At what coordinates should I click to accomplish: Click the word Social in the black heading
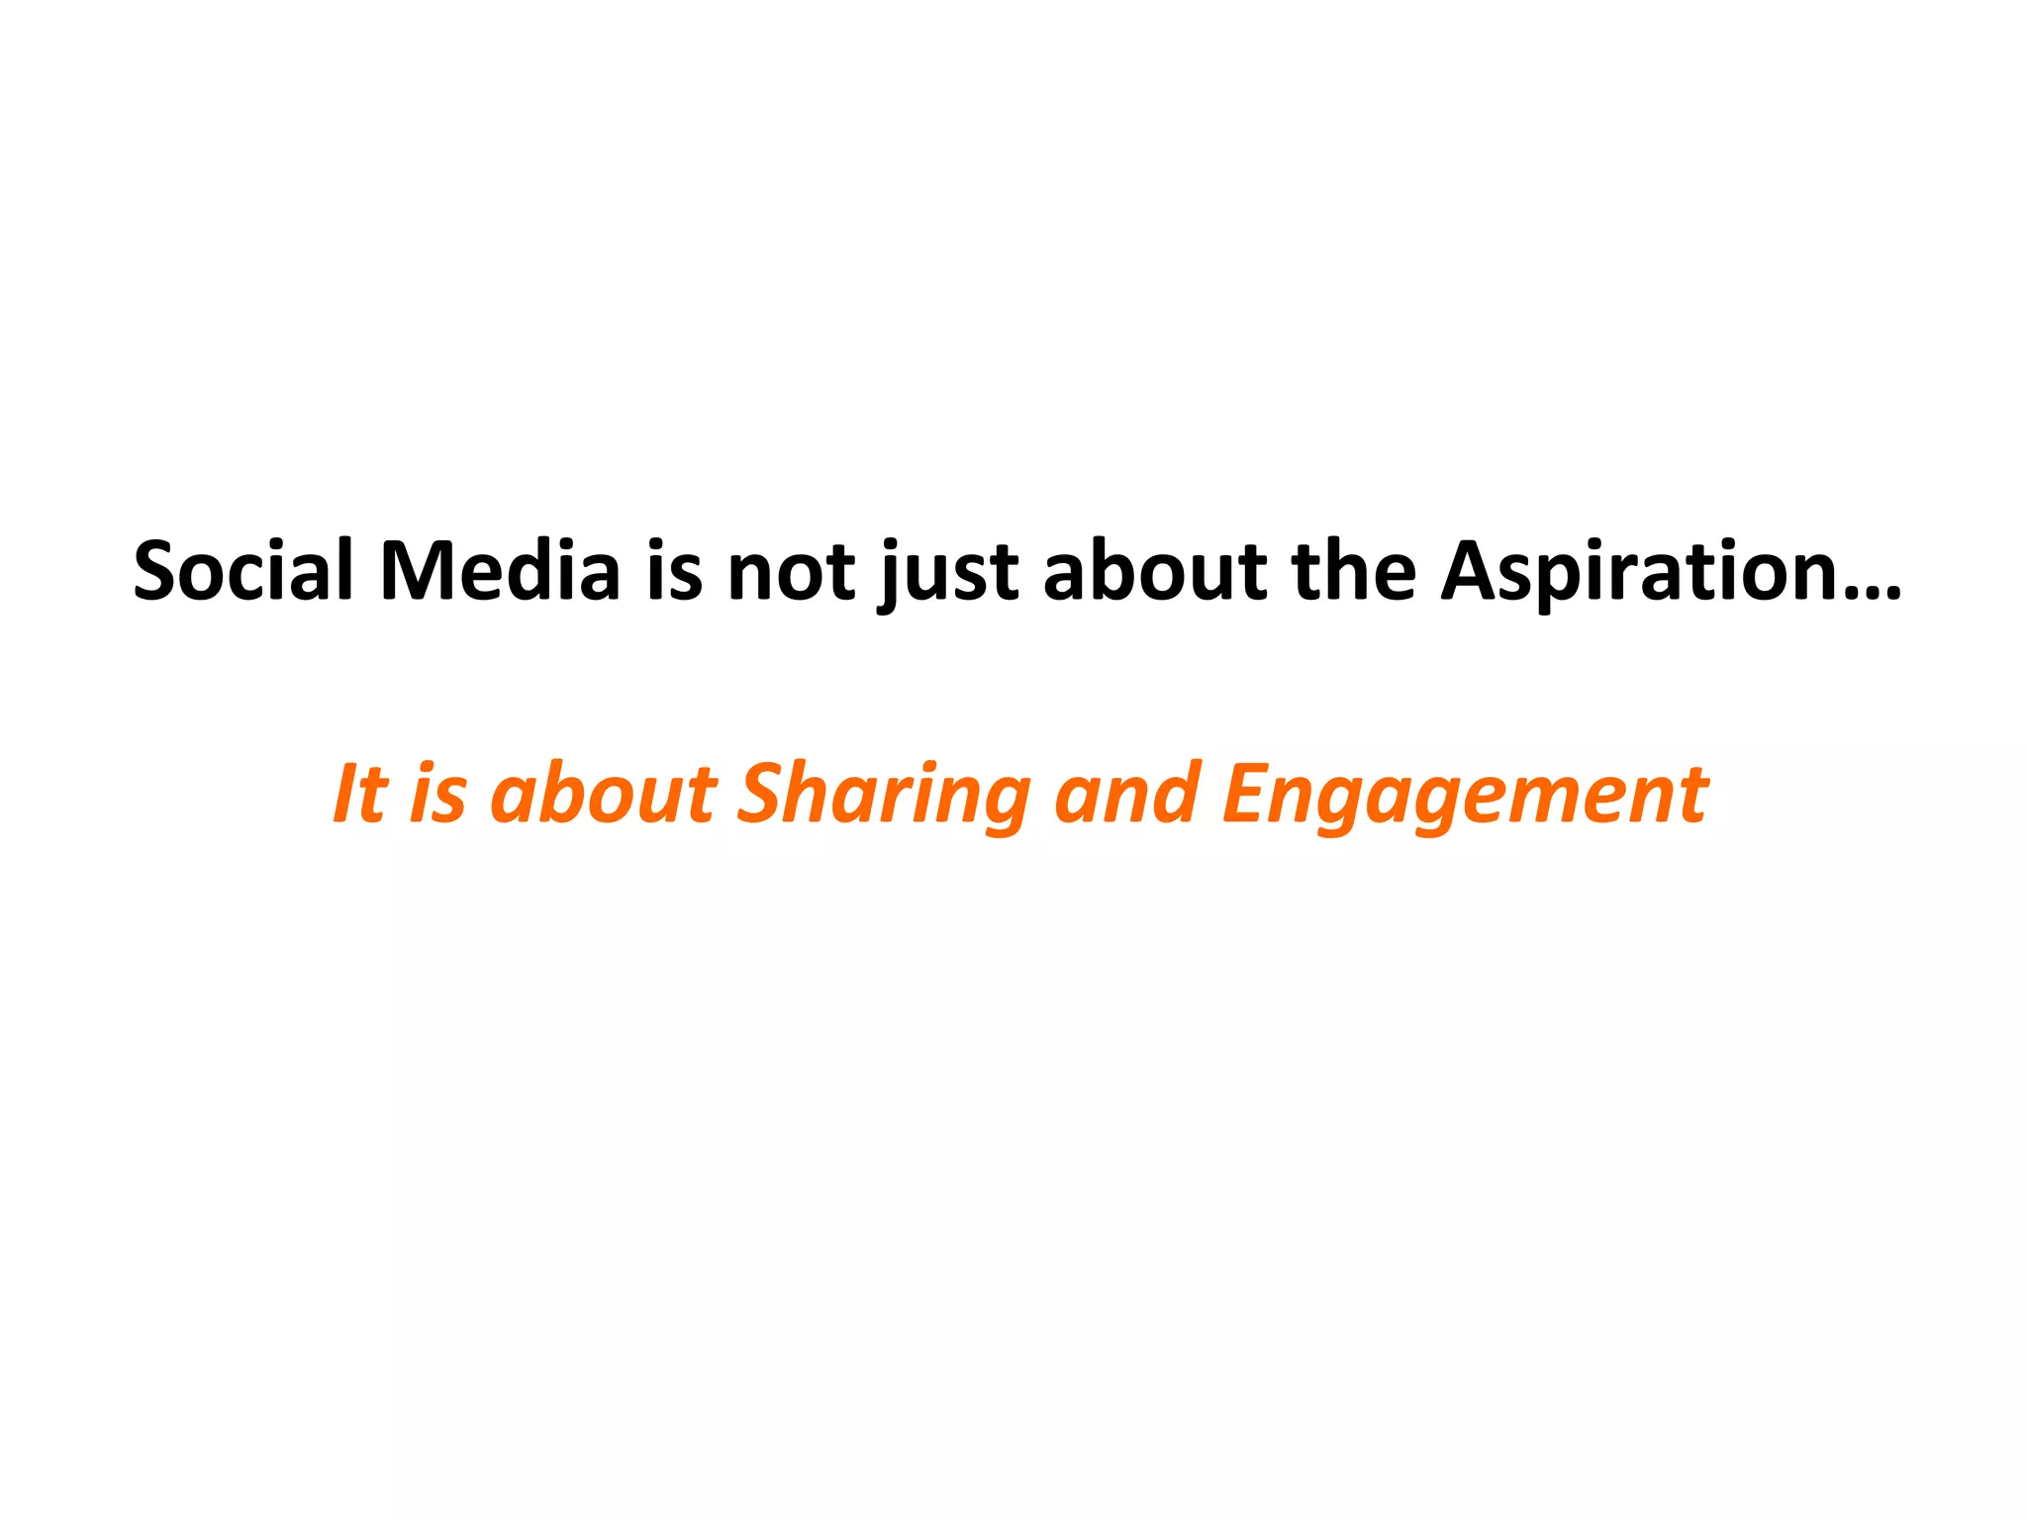243,571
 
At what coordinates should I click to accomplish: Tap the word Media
500,571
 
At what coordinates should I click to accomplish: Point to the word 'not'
792,571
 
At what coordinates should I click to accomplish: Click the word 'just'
948,574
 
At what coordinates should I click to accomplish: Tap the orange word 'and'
1126,794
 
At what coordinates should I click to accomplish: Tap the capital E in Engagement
1249,794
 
